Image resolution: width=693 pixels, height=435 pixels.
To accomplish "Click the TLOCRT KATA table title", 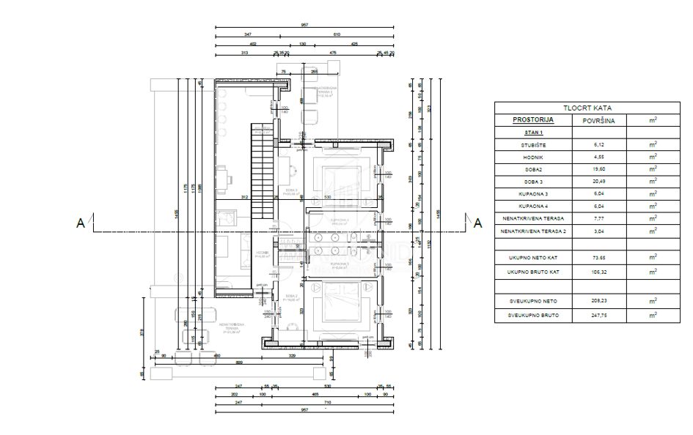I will pyautogui.click(x=587, y=107).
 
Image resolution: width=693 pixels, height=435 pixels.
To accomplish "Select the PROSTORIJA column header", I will pyautogui.click(x=532, y=120).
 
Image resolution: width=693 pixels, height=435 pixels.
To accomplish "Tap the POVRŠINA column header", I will pyautogui.click(x=598, y=120).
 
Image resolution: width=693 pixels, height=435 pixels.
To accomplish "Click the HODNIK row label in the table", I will pyautogui.click(x=532, y=157).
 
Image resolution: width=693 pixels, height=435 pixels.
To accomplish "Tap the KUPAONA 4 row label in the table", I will pyautogui.click(x=532, y=207).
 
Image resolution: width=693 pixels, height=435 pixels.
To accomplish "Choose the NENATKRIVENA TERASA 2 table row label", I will pyautogui.click(x=532, y=231).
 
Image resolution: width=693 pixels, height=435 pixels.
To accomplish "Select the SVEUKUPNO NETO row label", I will pyautogui.click(x=532, y=301).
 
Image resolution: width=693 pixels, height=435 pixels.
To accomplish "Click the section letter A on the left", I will pyautogui.click(x=80, y=223).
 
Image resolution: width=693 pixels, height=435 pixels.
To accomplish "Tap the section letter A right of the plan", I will pyautogui.click(x=477, y=223).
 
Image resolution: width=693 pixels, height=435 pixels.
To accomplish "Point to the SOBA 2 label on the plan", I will pyautogui.click(x=288, y=299).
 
